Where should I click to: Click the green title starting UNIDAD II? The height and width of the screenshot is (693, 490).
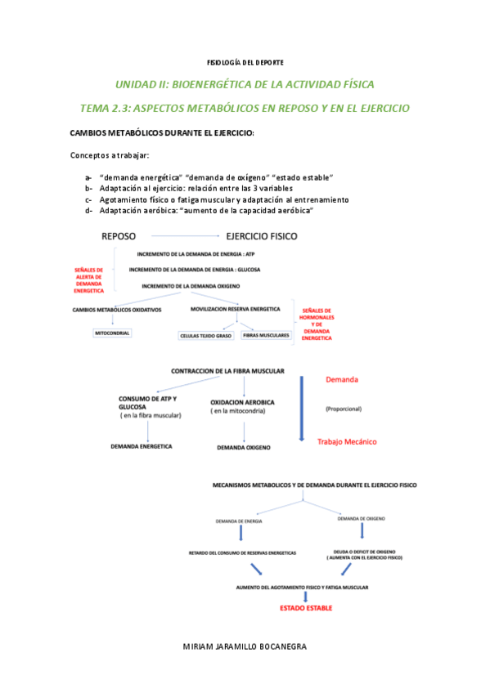[245, 85]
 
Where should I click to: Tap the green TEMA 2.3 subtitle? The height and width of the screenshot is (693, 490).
[245, 108]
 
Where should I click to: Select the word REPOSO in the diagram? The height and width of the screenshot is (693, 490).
[124, 236]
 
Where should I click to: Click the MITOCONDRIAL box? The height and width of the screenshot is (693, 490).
[112, 333]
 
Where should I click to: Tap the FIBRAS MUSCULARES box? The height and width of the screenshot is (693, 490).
[265, 335]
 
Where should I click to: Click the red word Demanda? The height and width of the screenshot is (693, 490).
[341, 380]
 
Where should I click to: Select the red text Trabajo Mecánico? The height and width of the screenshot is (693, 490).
[347, 441]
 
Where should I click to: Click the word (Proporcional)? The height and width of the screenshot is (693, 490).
[343, 409]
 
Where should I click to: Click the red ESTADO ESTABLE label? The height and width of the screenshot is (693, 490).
[306, 608]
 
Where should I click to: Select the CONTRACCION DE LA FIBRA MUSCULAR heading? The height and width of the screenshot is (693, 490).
[227, 371]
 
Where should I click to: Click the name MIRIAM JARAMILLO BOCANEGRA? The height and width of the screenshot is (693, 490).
[245, 646]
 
